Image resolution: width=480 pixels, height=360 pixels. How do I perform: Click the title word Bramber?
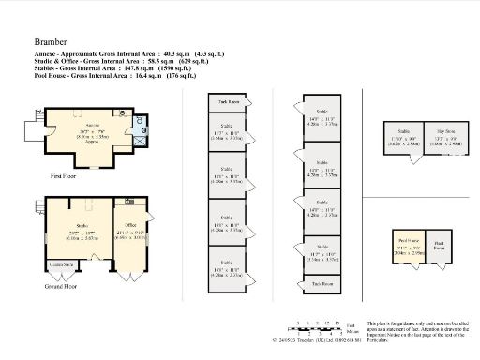tap(51, 42)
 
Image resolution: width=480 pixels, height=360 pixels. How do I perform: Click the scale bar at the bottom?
tap(318, 327)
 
